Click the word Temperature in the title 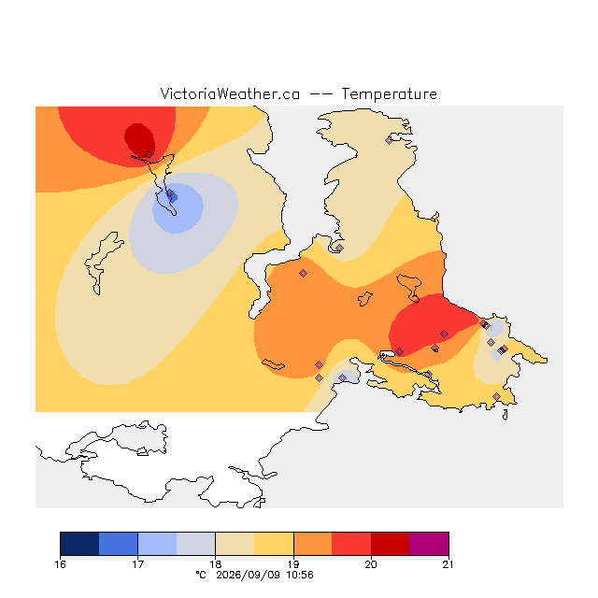[x=389, y=94]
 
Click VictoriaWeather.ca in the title [x=230, y=94]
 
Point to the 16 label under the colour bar [x=60, y=564]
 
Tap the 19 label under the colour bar [x=293, y=564]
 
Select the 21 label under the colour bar [x=448, y=564]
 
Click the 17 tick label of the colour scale [x=137, y=564]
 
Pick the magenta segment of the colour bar [x=429, y=544]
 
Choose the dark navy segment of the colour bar [x=79, y=544]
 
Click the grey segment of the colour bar [x=196, y=544]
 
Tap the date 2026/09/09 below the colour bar [x=249, y=575]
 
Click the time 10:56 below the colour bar [x=300, y=575]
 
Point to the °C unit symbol [x=201, y=575]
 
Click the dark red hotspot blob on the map [x=139, y=139]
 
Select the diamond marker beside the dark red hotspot [x=149, y=154]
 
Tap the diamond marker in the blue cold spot [x=170, y=193]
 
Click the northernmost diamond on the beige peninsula [x=389, y=140]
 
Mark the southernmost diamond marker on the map [x=496, y=396]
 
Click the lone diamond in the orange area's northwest [x=303, y=273]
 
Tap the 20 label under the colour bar [x=371, y=564]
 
